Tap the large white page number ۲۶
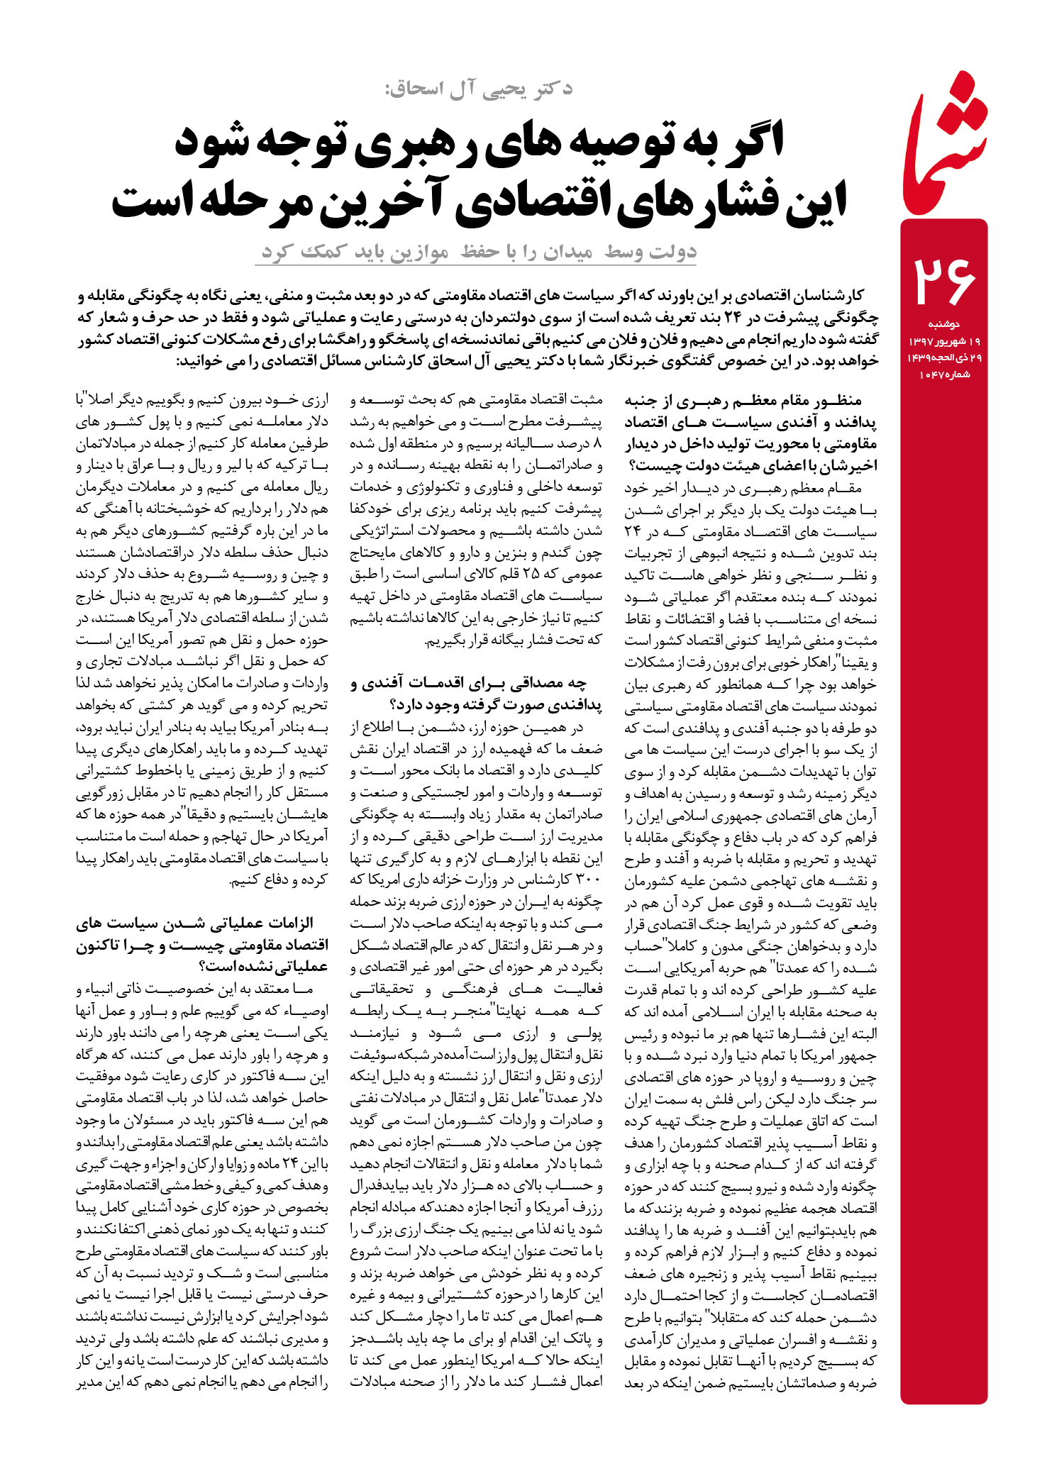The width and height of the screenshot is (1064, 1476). point(944,281)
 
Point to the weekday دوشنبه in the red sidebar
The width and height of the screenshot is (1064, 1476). point(943,324)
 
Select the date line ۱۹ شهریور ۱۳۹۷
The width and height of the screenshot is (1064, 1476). point(944,341)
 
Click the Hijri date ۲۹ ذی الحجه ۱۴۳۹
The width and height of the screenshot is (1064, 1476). point(944,358)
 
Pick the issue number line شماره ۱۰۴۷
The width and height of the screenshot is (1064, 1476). point(944,374)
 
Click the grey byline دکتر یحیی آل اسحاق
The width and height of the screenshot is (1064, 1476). point(479,89)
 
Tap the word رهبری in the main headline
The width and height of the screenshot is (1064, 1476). point(419,141)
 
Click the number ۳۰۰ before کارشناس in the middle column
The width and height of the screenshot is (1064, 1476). point(589,880)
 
